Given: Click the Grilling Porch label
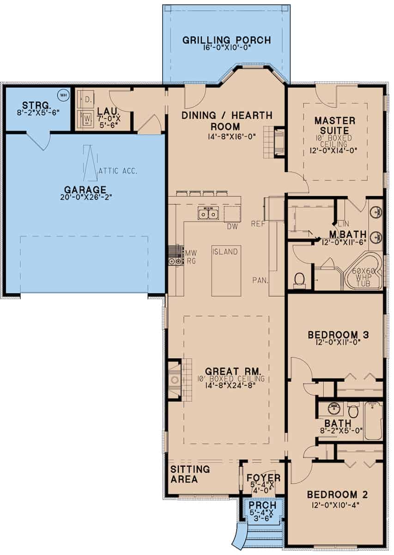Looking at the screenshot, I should coord(226,40).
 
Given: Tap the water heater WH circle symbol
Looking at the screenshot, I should coord(62,95).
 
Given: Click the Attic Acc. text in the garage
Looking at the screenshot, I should coord(117,170).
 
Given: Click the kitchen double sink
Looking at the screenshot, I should coord(208,214).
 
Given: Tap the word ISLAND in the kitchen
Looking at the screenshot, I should coord(225,252).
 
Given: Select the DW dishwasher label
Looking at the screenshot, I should coord(232,226).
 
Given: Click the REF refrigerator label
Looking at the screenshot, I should coord(257,224).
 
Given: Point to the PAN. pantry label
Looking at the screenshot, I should coord(259,280).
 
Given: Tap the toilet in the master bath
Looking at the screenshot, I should coord(299,279).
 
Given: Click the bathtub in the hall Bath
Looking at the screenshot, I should coord(373,421).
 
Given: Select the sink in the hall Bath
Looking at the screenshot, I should coord(333,409).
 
